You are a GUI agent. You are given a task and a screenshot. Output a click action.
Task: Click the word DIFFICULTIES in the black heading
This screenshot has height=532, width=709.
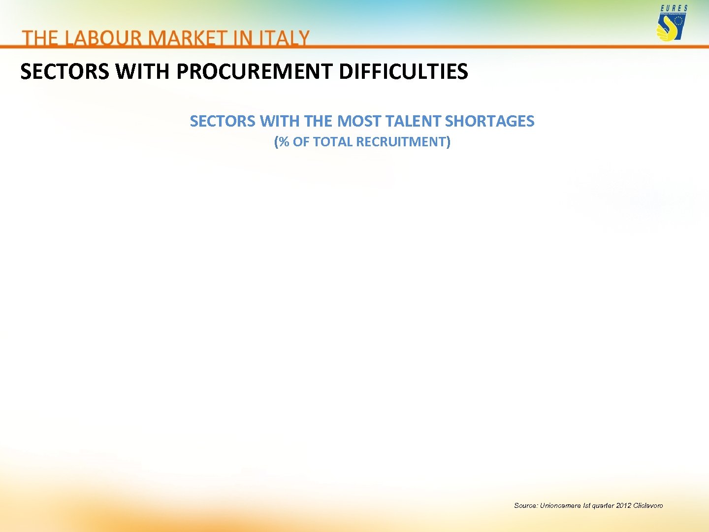403,72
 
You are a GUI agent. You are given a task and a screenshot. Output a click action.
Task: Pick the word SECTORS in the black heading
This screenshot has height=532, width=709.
64,72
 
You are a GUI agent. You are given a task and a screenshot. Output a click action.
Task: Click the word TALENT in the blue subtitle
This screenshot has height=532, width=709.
413,121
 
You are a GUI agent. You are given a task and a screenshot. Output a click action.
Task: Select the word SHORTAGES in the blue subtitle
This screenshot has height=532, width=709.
489,121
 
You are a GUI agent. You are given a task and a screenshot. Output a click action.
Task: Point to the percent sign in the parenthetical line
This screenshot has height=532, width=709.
284,142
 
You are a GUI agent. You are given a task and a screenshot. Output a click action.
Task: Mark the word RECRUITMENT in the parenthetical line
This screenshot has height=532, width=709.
401,142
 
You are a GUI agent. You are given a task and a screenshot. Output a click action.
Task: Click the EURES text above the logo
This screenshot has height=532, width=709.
674,8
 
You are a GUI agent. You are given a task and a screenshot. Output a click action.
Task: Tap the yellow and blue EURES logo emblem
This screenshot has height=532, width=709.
671,28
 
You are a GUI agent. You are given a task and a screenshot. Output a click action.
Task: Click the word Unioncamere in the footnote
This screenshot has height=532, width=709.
560,505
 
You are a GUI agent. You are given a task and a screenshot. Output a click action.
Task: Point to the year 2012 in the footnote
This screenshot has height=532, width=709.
623,505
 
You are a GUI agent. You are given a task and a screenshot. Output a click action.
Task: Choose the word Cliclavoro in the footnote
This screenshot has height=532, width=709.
648,505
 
